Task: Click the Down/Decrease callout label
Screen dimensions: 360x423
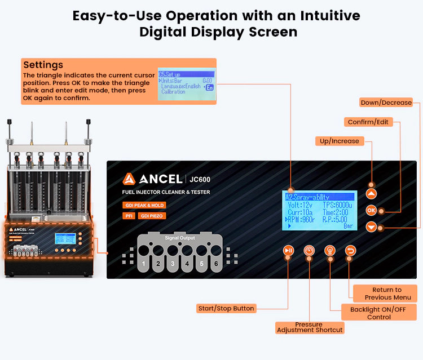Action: click(386, 103)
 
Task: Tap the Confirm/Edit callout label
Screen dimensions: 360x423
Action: click(368, 122)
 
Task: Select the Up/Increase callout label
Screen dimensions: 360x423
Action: click(339, 141)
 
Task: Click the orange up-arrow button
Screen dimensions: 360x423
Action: click(371, 193)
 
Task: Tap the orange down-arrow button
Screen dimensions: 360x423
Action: click(371, 227)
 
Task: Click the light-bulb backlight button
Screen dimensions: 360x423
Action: click(330, 251)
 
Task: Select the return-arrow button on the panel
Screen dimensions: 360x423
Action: click(351, 251)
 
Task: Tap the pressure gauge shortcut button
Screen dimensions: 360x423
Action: click(309, 251)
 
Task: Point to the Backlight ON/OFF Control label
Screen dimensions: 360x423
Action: click(379, 312)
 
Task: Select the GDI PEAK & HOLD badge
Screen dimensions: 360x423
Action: click(144, 205)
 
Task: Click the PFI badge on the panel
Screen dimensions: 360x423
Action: click(129, 215)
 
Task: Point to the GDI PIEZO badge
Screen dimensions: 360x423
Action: click(152, 215)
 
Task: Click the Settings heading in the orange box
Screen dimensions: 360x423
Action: click(43, 65)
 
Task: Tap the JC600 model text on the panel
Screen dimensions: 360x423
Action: click(201, 180)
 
